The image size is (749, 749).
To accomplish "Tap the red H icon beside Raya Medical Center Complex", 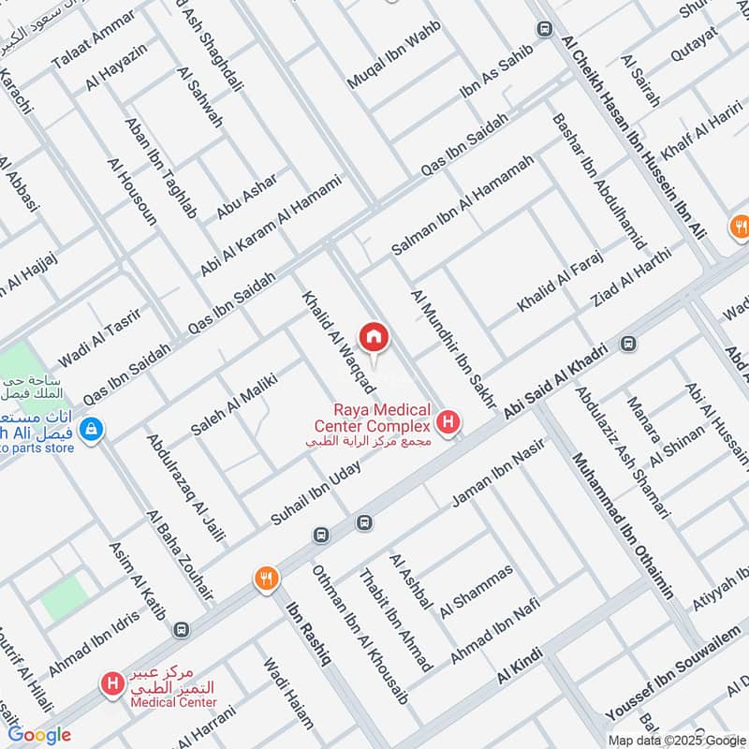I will coord(449,423).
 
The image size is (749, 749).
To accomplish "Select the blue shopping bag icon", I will coord(91,431).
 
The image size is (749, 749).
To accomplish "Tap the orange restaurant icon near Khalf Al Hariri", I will coord(740,226).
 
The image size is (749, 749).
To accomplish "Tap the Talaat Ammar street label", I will coord(81,44).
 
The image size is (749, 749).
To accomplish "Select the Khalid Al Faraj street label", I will coord(560,282).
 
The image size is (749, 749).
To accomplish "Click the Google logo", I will coord(39,735).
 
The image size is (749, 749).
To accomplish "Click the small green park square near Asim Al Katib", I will coord(64,596).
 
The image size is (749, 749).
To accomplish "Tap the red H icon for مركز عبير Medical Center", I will coord(113,685).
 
